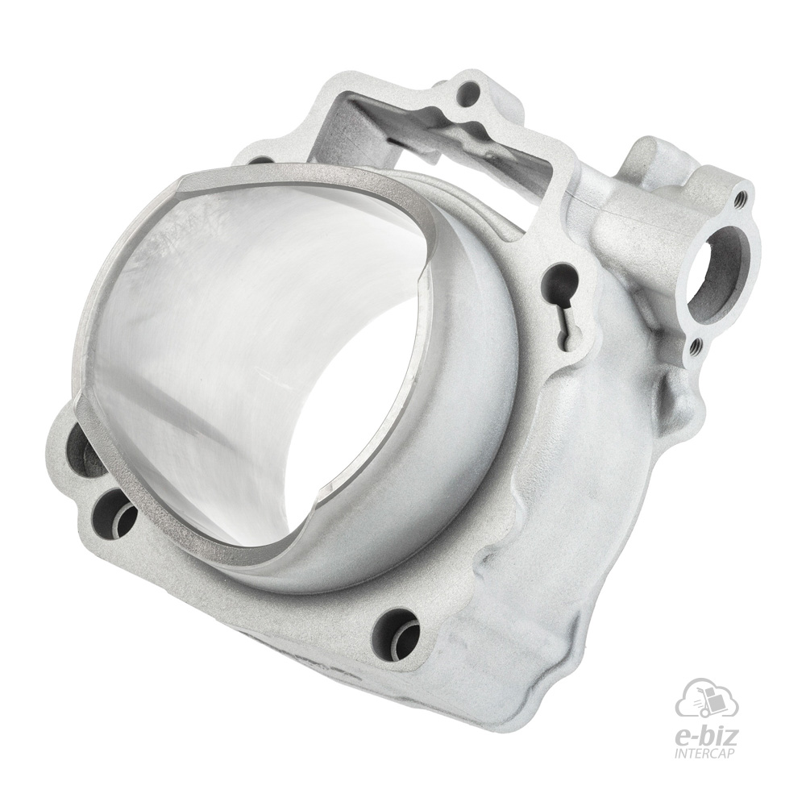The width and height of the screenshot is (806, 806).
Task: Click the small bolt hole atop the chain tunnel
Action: point(468,94)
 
